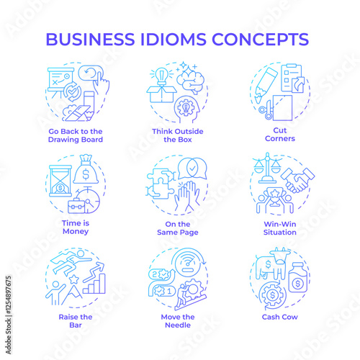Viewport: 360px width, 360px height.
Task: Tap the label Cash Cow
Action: (x=280, y=317)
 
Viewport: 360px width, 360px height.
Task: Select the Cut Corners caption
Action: (x=280, y=135)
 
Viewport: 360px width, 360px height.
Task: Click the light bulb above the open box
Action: (x=161, y=76)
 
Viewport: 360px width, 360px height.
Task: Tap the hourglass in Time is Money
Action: (x=60, y=181)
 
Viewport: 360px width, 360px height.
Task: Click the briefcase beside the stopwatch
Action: (x=76, y=205)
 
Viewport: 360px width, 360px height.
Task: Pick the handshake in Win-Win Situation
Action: (x=298, y=181)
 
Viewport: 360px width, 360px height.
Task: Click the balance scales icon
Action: (x=267, y=168)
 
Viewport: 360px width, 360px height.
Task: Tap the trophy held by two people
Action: (x=275, y=197)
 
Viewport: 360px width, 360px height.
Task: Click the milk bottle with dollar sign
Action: (x=297, y=278)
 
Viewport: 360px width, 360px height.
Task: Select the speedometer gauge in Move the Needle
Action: (x=188, y=264)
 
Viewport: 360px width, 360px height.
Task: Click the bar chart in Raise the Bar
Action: (x=94, y=284)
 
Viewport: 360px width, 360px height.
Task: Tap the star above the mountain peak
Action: (x=74, y=279)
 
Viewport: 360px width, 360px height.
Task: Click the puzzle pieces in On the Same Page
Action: (x=161, y=184)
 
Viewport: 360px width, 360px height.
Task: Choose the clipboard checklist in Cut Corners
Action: (x=292, y=78)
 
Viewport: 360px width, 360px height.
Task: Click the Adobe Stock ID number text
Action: (x=9, y=295)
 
